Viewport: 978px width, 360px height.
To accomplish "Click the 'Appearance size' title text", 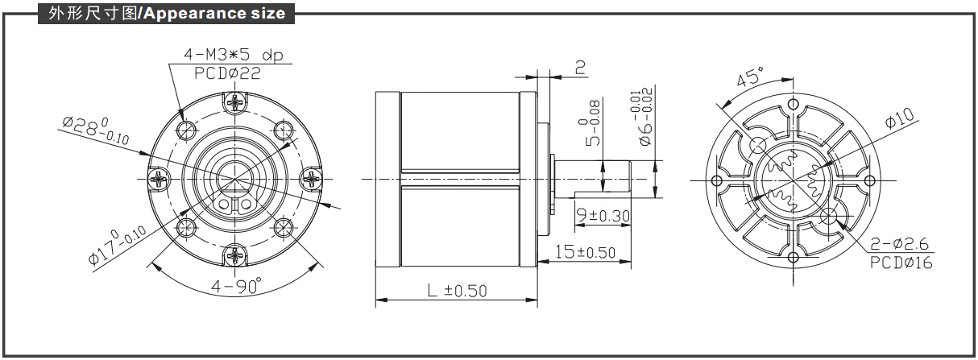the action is coord(214,14).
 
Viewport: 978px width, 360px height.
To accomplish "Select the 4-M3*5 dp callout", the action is coord(233,55).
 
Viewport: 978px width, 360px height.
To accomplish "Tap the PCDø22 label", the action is coord(227,72).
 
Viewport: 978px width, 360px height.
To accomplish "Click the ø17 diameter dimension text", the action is coord(117,246).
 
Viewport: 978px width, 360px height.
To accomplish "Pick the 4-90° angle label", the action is coord(236,286).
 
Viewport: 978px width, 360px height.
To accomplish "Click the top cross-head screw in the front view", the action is coord(235,103).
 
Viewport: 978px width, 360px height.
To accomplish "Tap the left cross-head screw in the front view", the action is coord(158,180).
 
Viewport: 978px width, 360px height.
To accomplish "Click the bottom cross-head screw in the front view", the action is coord(235,256).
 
